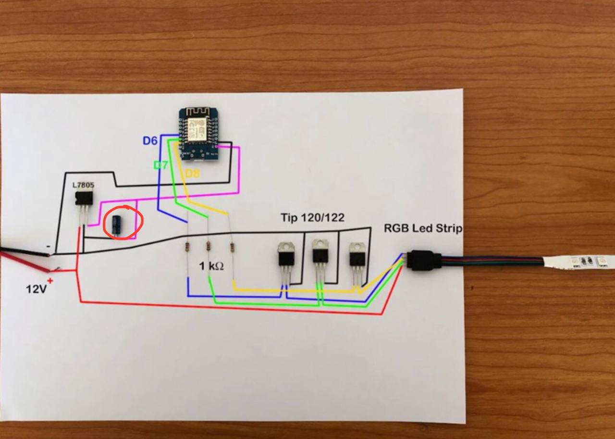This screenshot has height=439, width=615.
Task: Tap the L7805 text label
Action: point(83,185)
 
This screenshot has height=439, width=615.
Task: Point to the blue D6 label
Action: point(150,141)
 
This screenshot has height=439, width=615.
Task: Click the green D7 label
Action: point(160,165)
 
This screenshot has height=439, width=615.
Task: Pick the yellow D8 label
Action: point(192,174)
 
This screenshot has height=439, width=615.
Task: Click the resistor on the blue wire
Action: point(186,247)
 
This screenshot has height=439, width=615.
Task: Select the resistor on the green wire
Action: point(209,246)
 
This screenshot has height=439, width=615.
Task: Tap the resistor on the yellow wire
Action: point(232,247)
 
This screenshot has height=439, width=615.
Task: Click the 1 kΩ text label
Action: point(211,266)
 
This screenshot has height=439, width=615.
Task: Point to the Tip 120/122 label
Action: point(312,218)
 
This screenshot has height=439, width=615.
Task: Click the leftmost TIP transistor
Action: point(286,255)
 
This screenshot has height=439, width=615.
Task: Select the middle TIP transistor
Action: point(320,252)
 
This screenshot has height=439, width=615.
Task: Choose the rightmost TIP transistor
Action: point(357,255)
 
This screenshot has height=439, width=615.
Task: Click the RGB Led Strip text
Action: point(423,228)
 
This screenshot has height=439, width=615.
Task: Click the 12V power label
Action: point(37,289)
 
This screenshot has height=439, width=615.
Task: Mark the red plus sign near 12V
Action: point(50,280)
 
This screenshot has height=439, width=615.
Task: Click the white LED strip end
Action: point(579,262)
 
